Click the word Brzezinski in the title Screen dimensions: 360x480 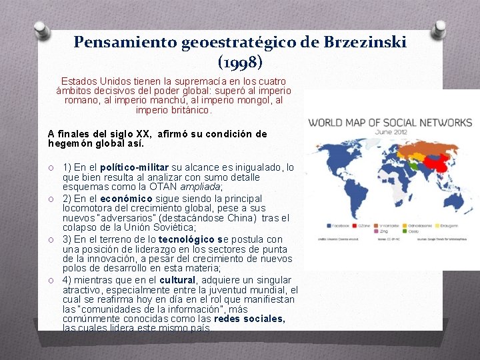(365, 43)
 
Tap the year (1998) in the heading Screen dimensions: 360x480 (240, 63)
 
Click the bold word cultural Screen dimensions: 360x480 (177, 280)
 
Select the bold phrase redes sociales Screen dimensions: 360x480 (250, 319)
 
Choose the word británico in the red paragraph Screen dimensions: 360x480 (190, 110)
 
